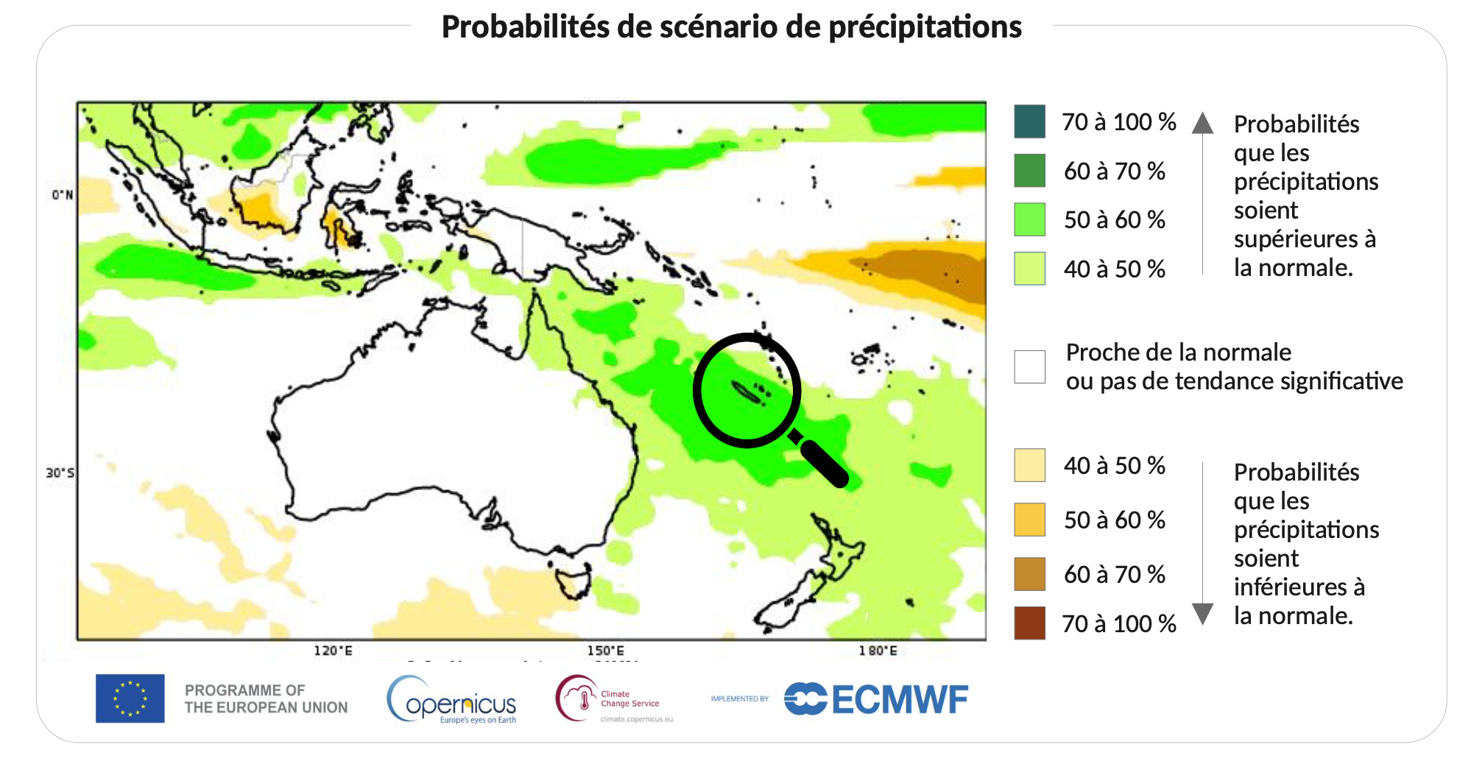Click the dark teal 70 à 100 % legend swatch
[1029, 121]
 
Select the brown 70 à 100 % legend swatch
[1029, 623]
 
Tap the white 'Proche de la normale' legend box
[1029, 367]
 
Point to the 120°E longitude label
[333, 651]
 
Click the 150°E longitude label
[605, 651]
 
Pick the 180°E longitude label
[878, 651]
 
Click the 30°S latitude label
[60, 472]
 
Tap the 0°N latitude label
[62, 195]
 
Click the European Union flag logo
[130, 698]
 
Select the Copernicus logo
[452, 701]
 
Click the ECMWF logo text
[900, 699]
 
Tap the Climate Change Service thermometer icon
[584, 698]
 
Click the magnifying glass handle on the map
[823, 462]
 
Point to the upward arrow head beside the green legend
[1202, 123]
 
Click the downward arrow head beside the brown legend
[1202, 612]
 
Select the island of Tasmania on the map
[573, 581]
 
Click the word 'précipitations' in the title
[925, 27]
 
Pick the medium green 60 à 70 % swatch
[1029, 171]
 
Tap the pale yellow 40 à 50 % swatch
[1029, 465]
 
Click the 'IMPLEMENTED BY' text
[739, 698]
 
